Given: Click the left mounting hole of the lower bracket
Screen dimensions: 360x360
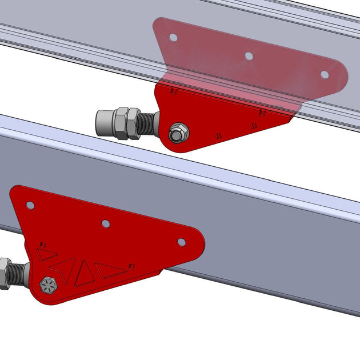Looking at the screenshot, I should click(30, 205).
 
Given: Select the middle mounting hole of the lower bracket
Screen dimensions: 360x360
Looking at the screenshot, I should click(106, 223).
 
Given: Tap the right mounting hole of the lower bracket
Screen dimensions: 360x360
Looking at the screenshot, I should click(182, 242).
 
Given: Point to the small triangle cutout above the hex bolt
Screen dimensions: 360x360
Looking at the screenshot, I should click(47, 254).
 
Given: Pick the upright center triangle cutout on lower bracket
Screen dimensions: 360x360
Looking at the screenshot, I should click(85, 274).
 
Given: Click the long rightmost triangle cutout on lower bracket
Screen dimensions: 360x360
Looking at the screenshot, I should click(110, 270).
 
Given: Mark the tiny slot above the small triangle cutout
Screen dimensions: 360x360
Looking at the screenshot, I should click(42, 244).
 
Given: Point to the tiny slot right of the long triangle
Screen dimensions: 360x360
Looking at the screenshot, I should click(131, 265).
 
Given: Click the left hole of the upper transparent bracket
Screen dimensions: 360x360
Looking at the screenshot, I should click(173, 38).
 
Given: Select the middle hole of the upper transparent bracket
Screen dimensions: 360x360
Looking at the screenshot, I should click(249, 56).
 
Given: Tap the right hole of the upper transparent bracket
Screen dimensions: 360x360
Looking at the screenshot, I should click(325, 74).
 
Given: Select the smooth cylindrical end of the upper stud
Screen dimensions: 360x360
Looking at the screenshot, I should click(103, 121).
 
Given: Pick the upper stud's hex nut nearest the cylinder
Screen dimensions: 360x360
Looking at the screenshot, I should click(121, 122).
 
